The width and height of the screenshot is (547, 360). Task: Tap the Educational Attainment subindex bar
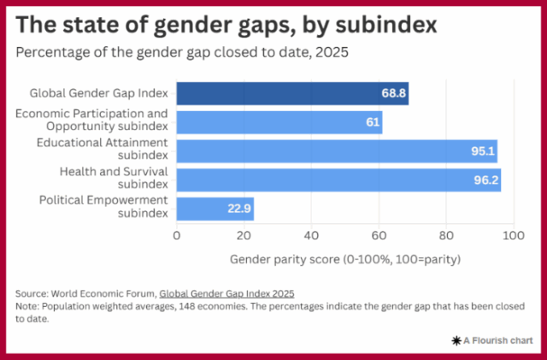(337, 151)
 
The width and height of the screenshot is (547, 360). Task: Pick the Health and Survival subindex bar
(338, 180)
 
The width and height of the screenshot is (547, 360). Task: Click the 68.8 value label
(393, 93)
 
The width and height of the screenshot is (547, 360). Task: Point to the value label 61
(373, 122)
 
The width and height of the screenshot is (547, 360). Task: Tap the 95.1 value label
(482, 151)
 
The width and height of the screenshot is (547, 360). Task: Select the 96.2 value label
(485, 180)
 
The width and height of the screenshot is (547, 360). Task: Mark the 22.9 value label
(238, 209)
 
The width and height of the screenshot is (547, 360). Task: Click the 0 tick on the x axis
(177, 235)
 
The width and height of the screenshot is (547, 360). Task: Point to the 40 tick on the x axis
(311, 235)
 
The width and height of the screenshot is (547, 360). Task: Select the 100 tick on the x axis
(513, 235)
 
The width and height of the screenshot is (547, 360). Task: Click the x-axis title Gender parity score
(345, 257)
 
